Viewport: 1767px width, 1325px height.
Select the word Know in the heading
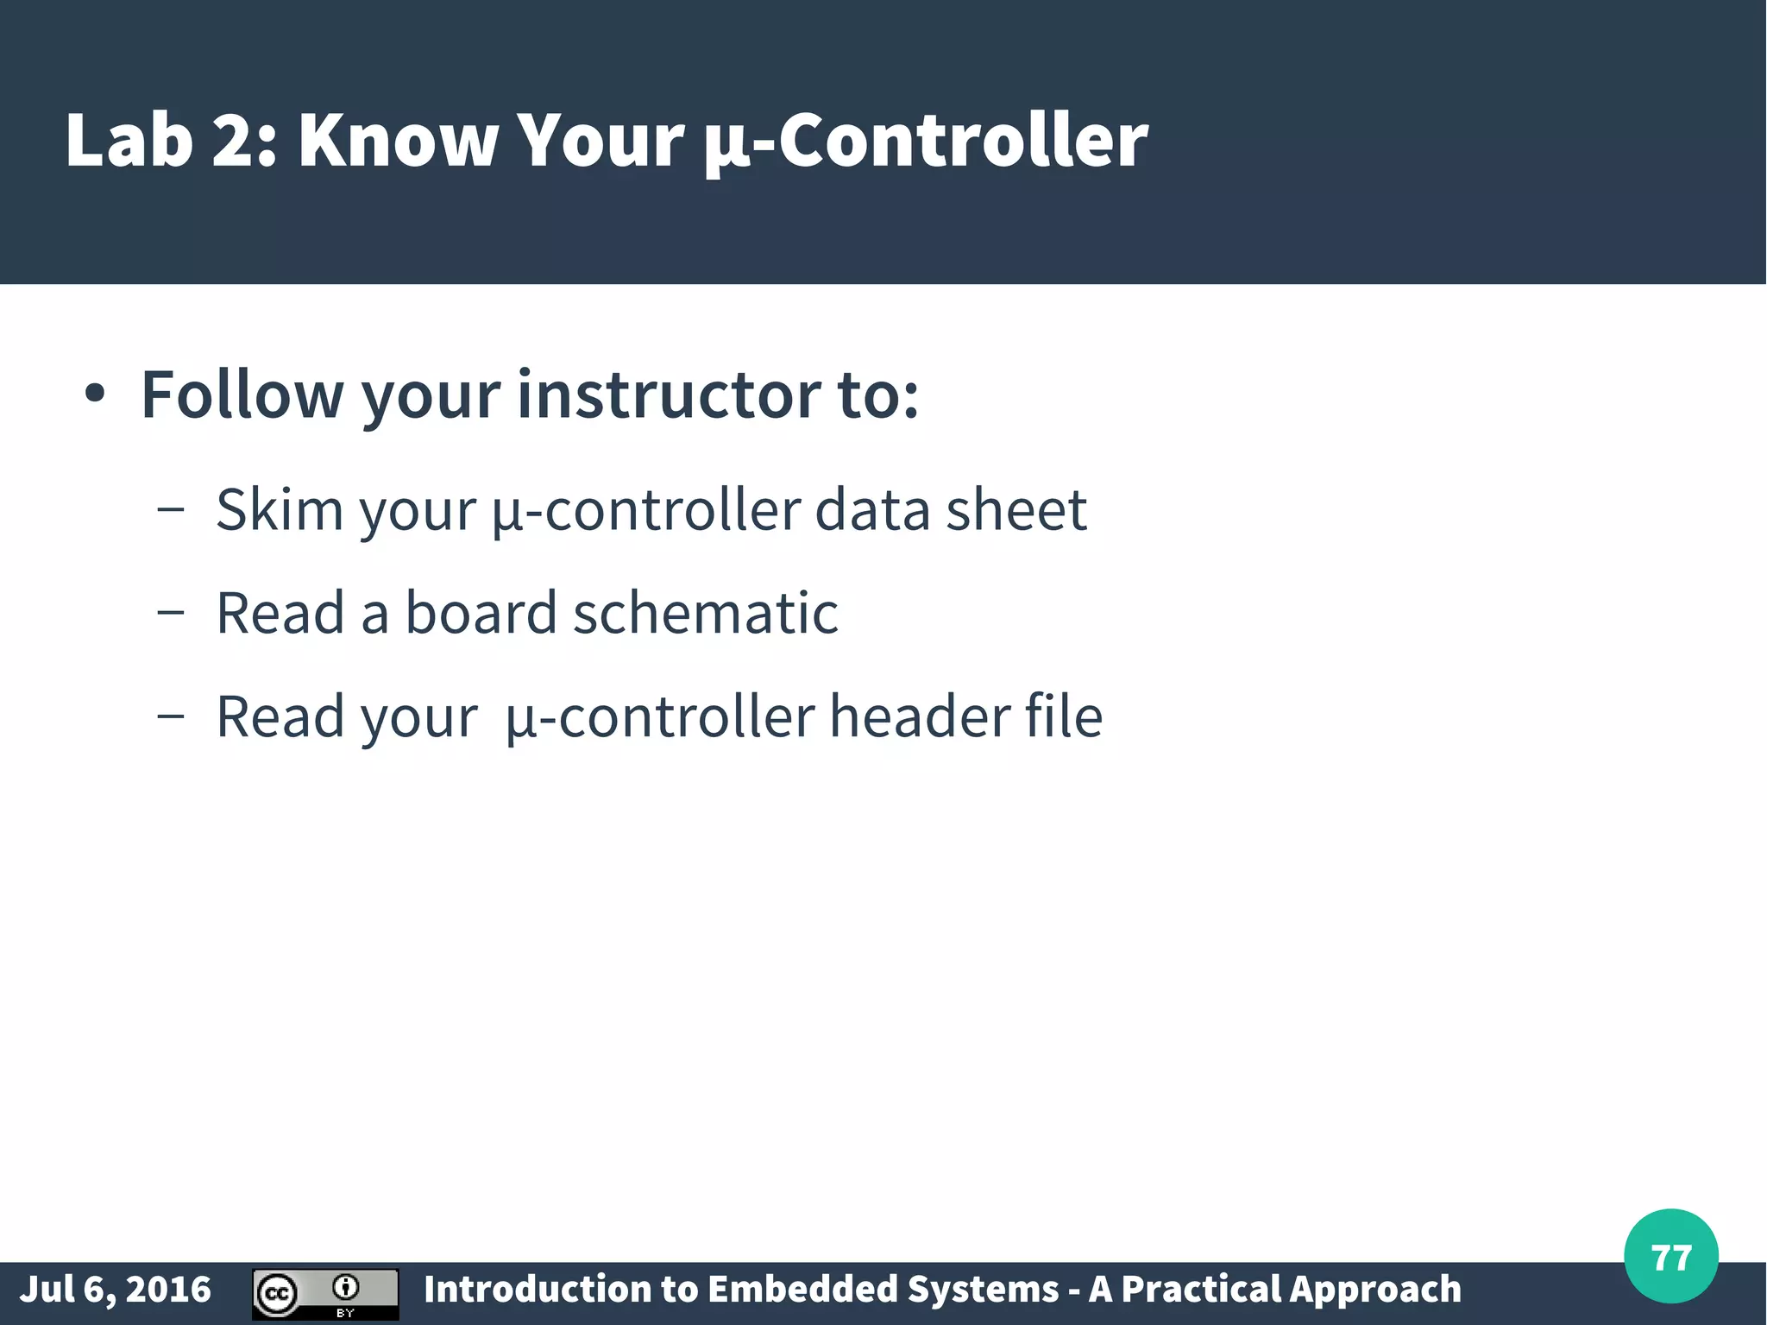[x=398, y=140]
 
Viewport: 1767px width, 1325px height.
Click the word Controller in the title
[x=963, y=140]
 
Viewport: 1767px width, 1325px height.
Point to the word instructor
[x=668, y=395]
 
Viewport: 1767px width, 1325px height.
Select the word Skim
[x=280, y=509]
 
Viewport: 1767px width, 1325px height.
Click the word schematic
[x=705, y=613]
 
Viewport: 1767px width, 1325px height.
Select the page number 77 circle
[x=1670, y=1257]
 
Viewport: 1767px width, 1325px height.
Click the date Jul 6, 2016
[x=115, y=1290]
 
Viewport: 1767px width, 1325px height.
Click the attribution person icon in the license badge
[x=346, y=1287]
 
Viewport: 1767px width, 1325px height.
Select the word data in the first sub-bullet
[x=871, y=509]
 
